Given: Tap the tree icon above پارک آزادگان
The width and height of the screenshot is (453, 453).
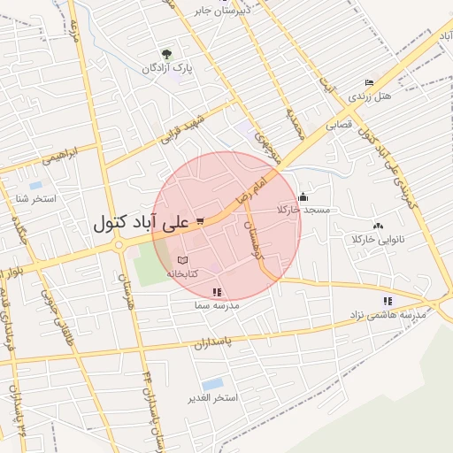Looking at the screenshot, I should [x=165, y=54].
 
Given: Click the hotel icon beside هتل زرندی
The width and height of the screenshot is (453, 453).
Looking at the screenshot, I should [x=370, y=82].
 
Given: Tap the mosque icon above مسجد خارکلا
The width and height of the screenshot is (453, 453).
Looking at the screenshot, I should [x=303, y=196].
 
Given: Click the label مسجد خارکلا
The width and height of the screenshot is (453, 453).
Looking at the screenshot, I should [x=303, y=210].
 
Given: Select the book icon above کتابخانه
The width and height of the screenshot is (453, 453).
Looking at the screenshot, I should [x=182, y=261].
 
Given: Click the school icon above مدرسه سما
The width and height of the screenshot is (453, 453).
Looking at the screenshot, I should [x=218, y=292].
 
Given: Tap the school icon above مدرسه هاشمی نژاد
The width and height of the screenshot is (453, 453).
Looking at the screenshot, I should [x=388, y=301].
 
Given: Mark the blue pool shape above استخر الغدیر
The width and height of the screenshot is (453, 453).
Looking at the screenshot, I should [x=212, y=384].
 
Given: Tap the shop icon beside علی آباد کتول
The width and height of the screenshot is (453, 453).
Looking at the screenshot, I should [x=201, y=221].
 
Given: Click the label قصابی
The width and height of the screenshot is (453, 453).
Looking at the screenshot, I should [x=339, y=125].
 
